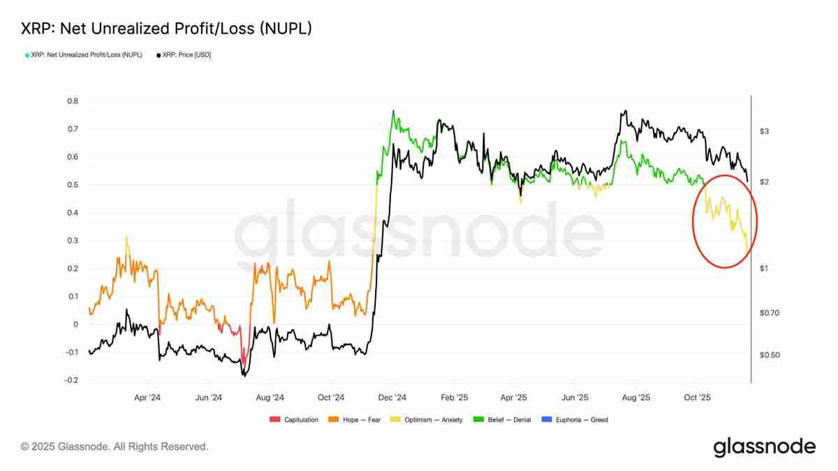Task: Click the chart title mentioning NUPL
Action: [166, 29]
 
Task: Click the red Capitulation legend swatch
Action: [274, 419]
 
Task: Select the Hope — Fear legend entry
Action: [358, 419]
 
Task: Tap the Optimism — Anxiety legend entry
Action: [431, 419]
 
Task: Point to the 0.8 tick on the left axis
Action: [73, 101]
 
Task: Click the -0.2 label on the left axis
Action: [71, 380]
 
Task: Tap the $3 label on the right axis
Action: [764, 131]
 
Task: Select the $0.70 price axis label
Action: [769, 313]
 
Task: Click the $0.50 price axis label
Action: [769, 355]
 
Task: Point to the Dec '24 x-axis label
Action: [392, 398]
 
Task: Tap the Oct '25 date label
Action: [697, 398]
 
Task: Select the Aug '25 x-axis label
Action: [635, 398]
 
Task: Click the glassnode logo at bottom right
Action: [764, 447]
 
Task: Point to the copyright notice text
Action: [114, 447]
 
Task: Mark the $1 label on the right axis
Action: [764, 269]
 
